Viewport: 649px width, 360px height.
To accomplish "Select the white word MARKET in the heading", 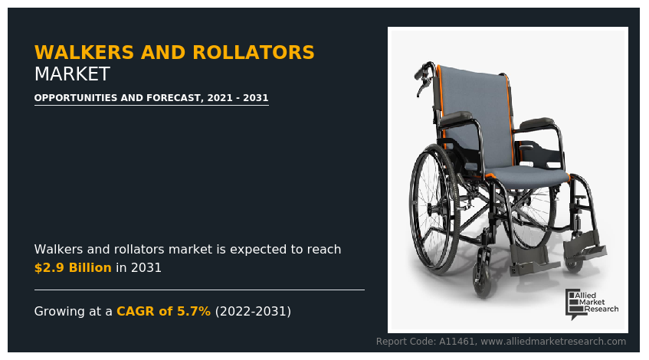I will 72,75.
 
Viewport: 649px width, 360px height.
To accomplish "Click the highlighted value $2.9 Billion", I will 73,268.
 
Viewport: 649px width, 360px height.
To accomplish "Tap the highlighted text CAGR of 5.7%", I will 163,312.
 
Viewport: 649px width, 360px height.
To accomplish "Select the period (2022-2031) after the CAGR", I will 253,312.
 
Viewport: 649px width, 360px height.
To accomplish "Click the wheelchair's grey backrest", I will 475,107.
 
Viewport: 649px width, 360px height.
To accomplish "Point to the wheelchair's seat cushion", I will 529,178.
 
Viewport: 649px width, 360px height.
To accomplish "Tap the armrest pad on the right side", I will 536,123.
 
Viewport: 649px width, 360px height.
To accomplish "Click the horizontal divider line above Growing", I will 199,290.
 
